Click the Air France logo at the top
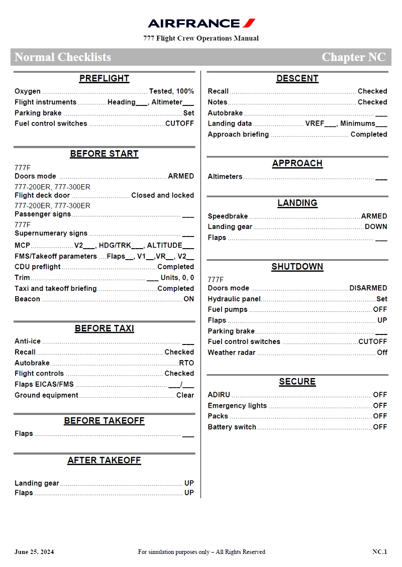202,23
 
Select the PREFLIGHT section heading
104,78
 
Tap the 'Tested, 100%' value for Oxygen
171,91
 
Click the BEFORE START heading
104,154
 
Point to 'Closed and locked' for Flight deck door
162,195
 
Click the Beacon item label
27,299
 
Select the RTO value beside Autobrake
186,363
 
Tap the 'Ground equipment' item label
46,395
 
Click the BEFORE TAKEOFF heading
104,421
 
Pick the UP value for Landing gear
189,483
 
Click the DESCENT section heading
297,78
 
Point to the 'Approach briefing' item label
238,135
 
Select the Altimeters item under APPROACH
225,177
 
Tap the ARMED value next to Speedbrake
374,216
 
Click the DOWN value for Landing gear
376,227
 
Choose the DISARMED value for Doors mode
368,288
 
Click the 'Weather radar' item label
231,353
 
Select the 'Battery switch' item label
232,427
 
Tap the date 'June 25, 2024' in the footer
34,552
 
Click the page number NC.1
379,552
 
